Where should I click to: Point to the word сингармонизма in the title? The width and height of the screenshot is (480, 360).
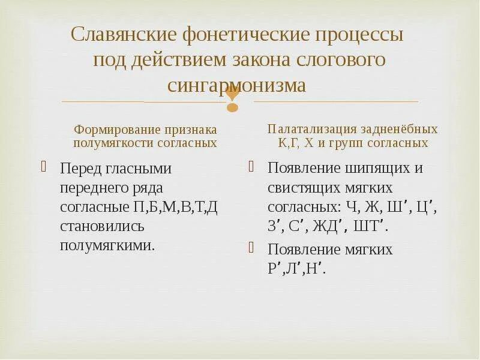236,86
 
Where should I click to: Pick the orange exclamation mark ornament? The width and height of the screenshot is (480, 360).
232,99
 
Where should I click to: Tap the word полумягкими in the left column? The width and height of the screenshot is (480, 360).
106,246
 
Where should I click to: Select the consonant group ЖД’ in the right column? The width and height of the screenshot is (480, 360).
333,227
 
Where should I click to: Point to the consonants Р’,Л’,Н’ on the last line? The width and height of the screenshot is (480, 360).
296,269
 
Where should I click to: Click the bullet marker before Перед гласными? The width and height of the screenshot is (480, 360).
43,166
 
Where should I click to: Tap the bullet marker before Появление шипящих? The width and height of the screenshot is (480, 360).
252,166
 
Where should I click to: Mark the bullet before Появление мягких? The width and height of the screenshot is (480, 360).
252,247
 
